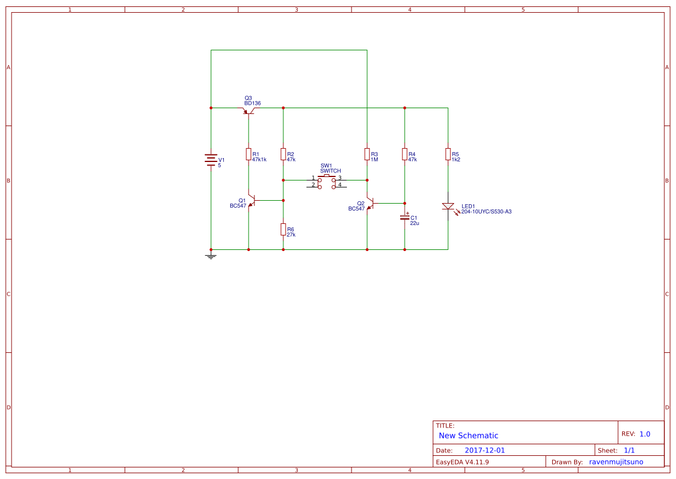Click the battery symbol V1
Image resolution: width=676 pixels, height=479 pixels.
211,160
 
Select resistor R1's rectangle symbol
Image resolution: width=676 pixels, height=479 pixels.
248,154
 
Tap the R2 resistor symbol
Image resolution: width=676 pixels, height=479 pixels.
283,154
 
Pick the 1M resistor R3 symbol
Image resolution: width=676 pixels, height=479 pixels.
367,154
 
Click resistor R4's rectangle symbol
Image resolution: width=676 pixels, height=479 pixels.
404,154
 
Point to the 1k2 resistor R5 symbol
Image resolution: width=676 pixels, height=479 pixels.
448,154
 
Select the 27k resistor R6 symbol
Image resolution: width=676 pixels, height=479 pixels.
283,229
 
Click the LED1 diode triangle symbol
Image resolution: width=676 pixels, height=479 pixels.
448,207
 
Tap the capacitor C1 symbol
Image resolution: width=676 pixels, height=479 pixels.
404,218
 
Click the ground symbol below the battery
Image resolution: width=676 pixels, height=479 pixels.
211,256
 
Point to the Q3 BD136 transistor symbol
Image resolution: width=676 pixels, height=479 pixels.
248,110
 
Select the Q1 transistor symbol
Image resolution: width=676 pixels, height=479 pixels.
252,201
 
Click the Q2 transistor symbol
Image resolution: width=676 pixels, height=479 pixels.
370,203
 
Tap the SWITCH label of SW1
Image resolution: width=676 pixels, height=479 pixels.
330,171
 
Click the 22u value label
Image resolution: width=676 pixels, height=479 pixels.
414,223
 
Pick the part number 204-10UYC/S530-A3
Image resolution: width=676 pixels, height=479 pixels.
486,212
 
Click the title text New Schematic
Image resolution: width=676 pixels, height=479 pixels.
468,436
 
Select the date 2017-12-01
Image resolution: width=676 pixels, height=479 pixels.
485,450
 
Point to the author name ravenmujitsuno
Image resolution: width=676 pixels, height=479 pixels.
616,462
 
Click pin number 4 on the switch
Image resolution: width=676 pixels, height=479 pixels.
339,185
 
